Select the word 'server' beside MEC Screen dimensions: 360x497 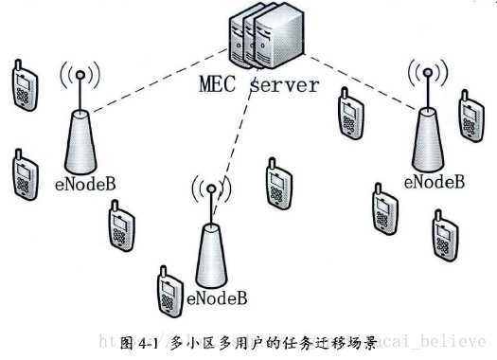[284, 86]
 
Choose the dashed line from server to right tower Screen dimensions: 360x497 [360, 81]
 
